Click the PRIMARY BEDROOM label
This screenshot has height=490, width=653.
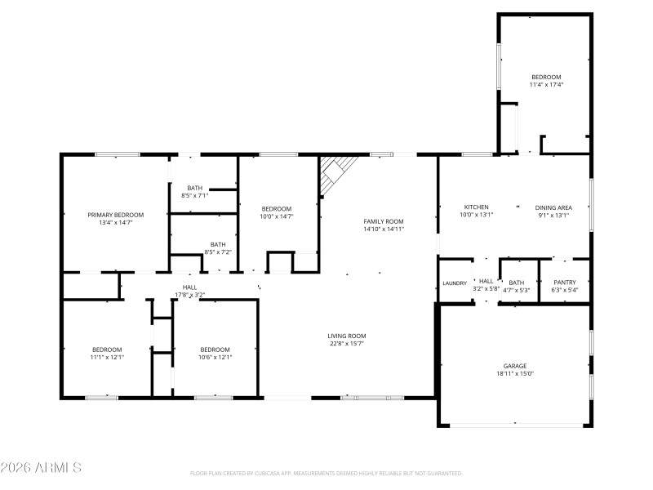(x=116, y=215)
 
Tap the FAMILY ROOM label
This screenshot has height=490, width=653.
(x=384, y=221)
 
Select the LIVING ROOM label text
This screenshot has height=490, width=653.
(x=346, y=336)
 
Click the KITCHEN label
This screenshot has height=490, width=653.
(x=476, y=207)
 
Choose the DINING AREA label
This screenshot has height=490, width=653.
(x=553, y=207)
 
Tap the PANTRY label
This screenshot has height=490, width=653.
(x=564, y=282)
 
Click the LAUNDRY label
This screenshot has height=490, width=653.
(x=455, y=283)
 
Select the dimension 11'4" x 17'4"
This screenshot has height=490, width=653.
(x=546, y=85)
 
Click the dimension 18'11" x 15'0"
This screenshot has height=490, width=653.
(x=514, y=374)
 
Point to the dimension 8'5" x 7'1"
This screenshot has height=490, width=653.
(x=194, y=196)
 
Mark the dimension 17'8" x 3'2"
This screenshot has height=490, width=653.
(x=189, y=295)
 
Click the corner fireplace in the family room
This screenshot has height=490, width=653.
(x=335, y=172)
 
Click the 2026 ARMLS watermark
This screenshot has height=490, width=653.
(x=41, y=468)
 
